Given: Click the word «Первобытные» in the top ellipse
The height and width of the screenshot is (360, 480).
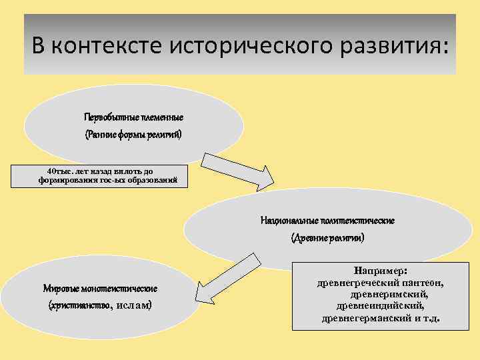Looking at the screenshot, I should tap(111, 117).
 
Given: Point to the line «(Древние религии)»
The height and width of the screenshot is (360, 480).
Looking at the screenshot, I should tap(328, 237).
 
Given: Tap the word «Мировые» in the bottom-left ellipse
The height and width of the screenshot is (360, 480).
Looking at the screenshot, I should tap(61, 289).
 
